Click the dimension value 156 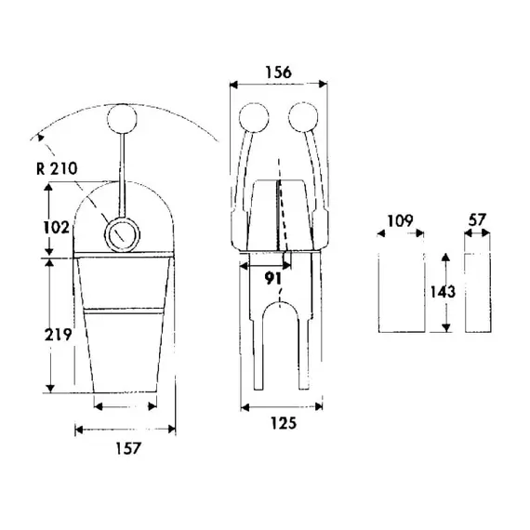click(278, 71)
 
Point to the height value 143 click(444, 291)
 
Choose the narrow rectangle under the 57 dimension click(477, 291)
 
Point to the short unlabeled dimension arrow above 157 click(126, 405)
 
